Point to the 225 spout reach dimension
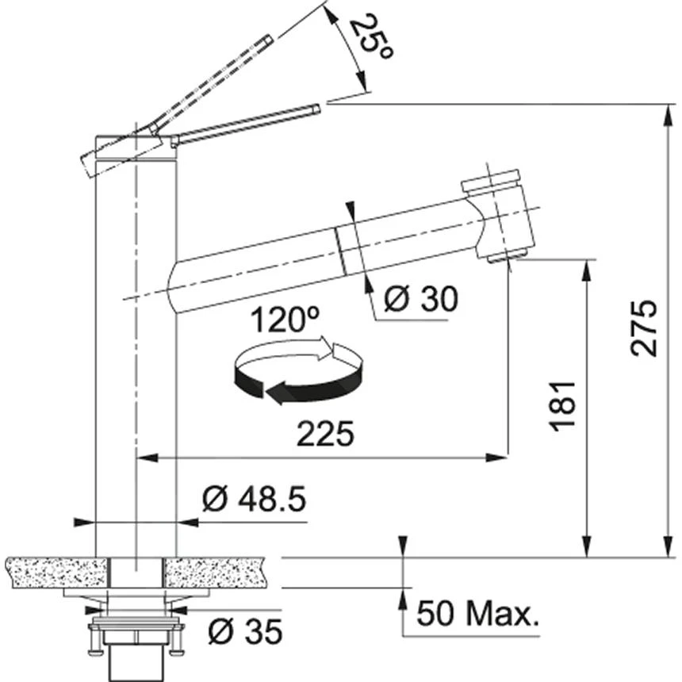click(324, 435)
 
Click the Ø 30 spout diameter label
click(420, 299)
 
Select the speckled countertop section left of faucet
click(56, 571)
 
